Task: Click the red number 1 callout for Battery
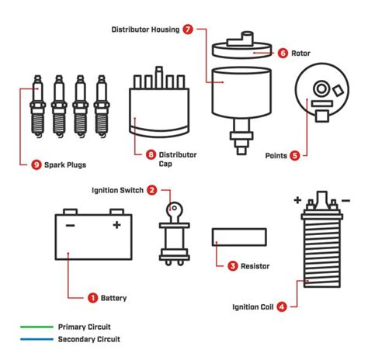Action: [92, 296]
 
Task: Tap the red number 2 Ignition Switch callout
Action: [152, 189]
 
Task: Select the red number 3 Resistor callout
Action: [232, 266]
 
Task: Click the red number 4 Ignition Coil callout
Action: [281, 306]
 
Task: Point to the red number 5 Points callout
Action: [294, 155]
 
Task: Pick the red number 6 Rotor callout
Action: [283, 53]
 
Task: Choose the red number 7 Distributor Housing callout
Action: [188, 29]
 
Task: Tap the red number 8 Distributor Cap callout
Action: [151, 155]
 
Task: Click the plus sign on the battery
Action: [116, 225]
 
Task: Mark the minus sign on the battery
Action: [69, 225]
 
